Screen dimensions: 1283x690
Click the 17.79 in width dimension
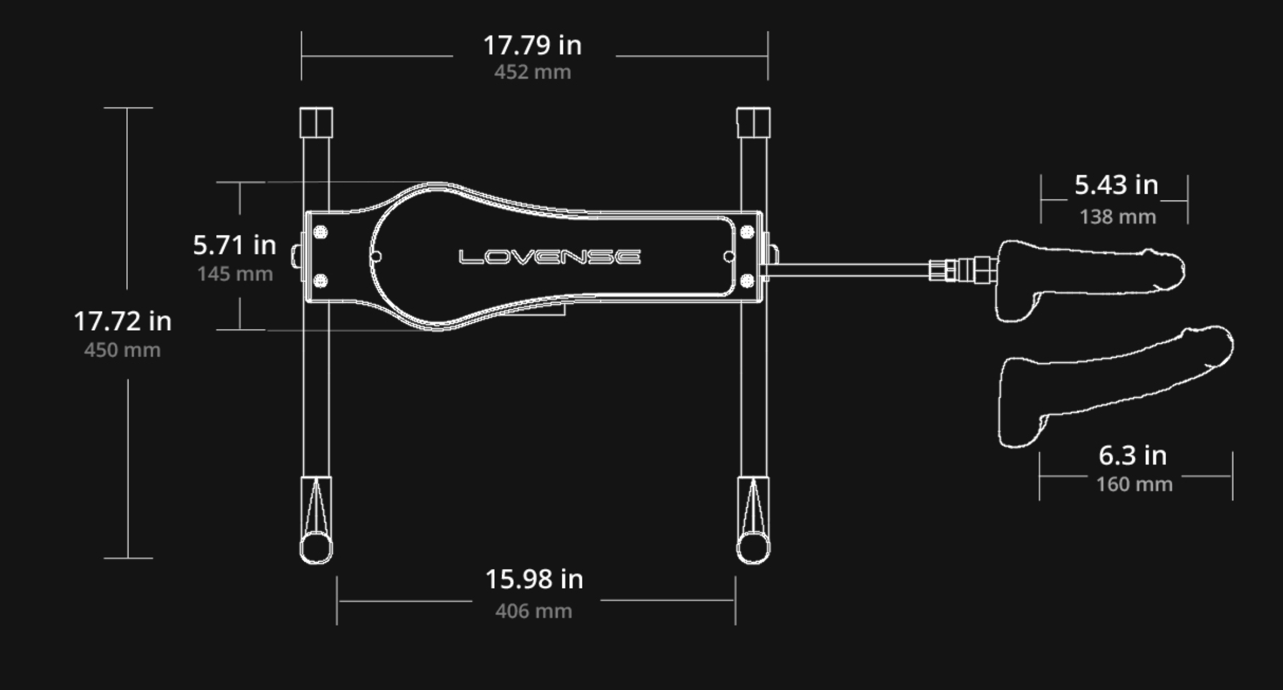[533, 45]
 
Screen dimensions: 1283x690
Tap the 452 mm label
[533, 72]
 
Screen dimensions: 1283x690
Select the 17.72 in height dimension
[123, 321]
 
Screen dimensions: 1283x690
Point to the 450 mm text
[122, 350]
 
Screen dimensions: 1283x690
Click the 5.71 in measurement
[234, 245]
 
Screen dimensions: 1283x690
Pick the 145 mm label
[235, 274]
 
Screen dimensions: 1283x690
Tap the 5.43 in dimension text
[1116, 185]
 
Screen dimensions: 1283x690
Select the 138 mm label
[1118, 217]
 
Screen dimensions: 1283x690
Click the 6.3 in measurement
[1133, 456]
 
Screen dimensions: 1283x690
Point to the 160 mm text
[1135, 485]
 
